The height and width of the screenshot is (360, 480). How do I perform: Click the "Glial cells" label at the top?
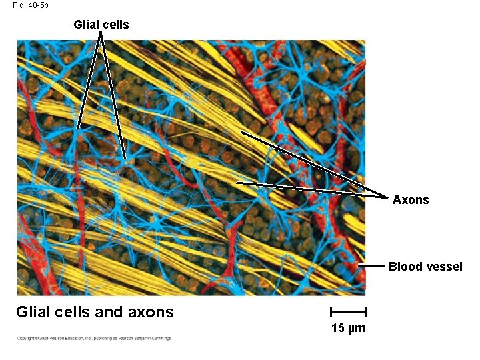[x=101, y=25]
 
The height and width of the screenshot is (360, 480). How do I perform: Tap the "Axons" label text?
[x=411, y=200]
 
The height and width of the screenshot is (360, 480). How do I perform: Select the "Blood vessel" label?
[x=425, y=267]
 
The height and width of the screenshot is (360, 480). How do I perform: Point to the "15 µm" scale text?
[x=349, y=328]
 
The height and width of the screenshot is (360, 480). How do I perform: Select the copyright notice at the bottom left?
[x=94, y=338]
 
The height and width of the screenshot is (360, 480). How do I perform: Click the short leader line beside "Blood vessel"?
[x=372, y=266]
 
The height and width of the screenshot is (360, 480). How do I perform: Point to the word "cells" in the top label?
[x=115, y=25]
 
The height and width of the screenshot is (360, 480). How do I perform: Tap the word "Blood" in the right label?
[x=406, y=267]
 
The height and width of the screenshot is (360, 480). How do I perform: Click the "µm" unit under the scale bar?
[x=357, y=329]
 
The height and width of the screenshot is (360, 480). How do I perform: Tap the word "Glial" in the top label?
[x=86, y=25]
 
